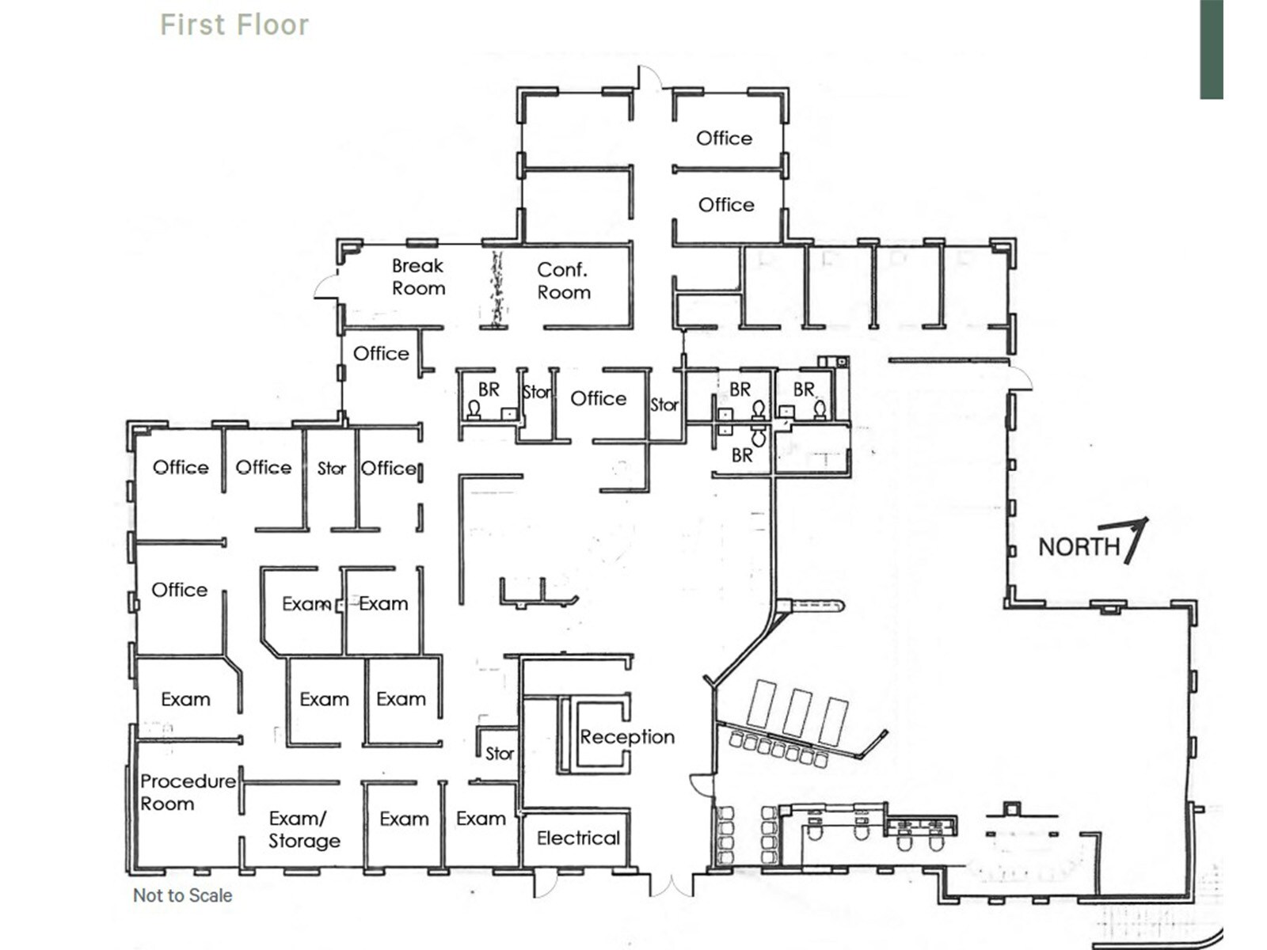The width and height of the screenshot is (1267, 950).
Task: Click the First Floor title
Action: pos(234,25)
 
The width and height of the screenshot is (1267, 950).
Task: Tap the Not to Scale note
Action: pos(182,895)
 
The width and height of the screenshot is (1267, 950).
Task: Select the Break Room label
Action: pos(418,277)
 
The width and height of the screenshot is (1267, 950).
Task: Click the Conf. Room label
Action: pos(563,281)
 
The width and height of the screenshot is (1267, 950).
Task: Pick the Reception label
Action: pos(627,737)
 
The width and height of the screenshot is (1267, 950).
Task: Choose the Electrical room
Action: pos(577,838)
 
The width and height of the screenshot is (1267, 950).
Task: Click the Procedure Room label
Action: pos(187,792)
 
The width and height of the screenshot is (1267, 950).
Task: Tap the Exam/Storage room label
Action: pos(304,830)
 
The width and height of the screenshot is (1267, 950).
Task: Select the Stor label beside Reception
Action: pos(499,754)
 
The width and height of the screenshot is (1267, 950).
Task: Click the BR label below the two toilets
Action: pos(742,455)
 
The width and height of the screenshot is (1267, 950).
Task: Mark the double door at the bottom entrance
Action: pos(672,885)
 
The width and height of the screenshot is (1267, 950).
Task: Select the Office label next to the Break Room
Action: pos(381,353)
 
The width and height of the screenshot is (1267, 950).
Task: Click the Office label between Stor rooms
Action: pos(598,398)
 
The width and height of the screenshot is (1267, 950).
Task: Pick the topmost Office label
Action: pos(724,138)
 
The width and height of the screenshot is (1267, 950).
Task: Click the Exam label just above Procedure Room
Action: pos(185,699)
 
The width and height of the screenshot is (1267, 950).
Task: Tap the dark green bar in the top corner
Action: pos(1211,49)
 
